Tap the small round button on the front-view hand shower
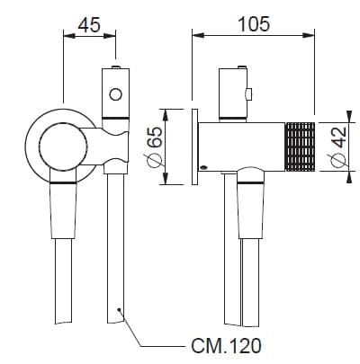coord(114,93)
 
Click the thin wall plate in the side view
coord(193,147)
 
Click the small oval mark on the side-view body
coord(204,166)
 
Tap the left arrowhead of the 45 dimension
coord(66,35)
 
